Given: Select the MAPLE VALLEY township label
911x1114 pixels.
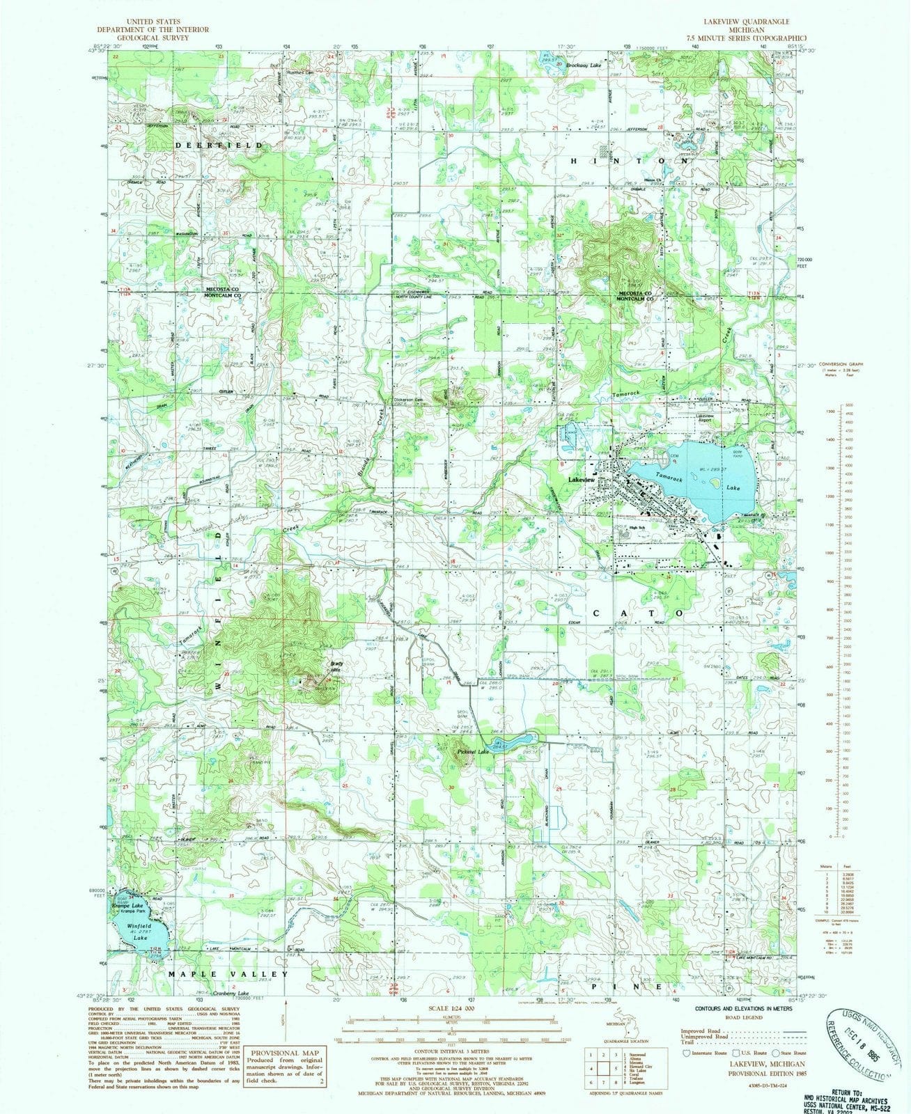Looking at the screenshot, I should click(228, 973).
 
